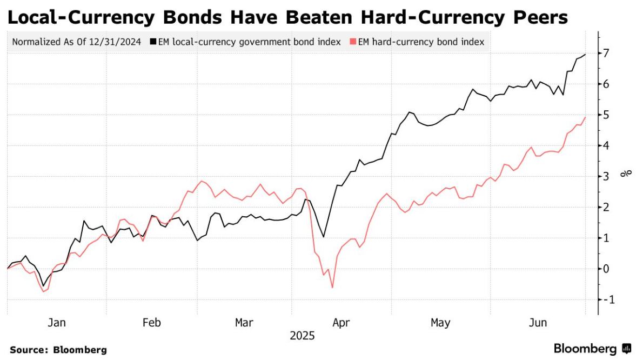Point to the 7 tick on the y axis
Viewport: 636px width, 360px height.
[607, 53]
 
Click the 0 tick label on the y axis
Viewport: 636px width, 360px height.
[607, 269]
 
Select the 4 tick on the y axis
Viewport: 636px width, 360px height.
[607, 145]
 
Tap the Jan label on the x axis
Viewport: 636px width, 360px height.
[57, 323]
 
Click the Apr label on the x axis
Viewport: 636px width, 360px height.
[341, 323]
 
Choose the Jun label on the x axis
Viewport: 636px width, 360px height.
[538, 323]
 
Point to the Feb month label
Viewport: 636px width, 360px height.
[152, 323]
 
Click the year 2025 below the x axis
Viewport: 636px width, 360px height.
[302, 336]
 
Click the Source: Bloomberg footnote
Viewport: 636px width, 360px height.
[58, 350]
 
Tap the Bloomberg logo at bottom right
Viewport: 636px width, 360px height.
[592, 348]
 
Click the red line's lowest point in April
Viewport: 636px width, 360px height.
[332, 288]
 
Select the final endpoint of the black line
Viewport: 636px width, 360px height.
[586, 55]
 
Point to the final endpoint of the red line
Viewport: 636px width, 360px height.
[586, 117]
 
